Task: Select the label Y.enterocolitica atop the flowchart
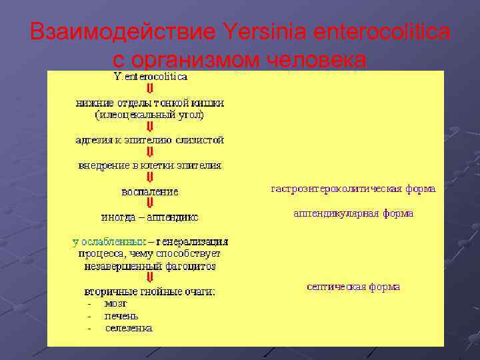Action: [x=151, y=77]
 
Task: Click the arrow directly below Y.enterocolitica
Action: [x=150, y=89]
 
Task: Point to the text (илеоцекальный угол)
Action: [x=149, y=115]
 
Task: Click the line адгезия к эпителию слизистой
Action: [x=149, y=140]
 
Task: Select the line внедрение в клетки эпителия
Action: [x=149, y=165]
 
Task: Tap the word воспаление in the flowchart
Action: [x=149, y=191]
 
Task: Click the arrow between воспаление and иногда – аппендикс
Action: [x=150, y=203]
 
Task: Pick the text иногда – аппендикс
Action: [x=149, y=217]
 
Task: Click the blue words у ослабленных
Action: [x=110, y=241]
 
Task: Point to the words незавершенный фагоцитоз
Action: [x=149, y=266]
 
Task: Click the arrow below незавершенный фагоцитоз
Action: [x=150, y=278]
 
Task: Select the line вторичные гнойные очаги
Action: [x=149, y=291]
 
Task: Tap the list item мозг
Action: [x=115, y=303]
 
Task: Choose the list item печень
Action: [x=121, y=315]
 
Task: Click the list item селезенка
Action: [x=129, y=327]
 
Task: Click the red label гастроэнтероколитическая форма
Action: [x=353, y=189]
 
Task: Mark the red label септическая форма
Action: [x=353, y=287]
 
